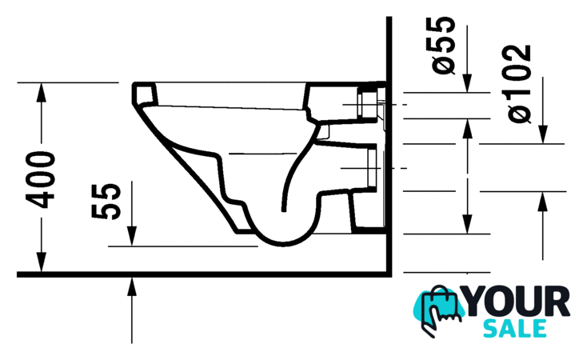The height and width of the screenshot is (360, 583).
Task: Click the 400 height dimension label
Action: click(41, 180)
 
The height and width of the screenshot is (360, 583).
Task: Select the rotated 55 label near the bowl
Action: click(106, 201)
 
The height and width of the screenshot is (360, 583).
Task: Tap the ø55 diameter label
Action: click(443, 45)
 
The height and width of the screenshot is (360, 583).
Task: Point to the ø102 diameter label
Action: click(518, 84)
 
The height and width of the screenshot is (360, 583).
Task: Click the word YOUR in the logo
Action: click(517, 302)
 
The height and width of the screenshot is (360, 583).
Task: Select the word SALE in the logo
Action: click(515, 328)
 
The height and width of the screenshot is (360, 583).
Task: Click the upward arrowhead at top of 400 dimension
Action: click(42, 91)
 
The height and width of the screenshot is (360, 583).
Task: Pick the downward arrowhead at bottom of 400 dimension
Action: click(42, 262)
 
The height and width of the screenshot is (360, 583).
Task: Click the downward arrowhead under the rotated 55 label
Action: click(132, 236)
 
